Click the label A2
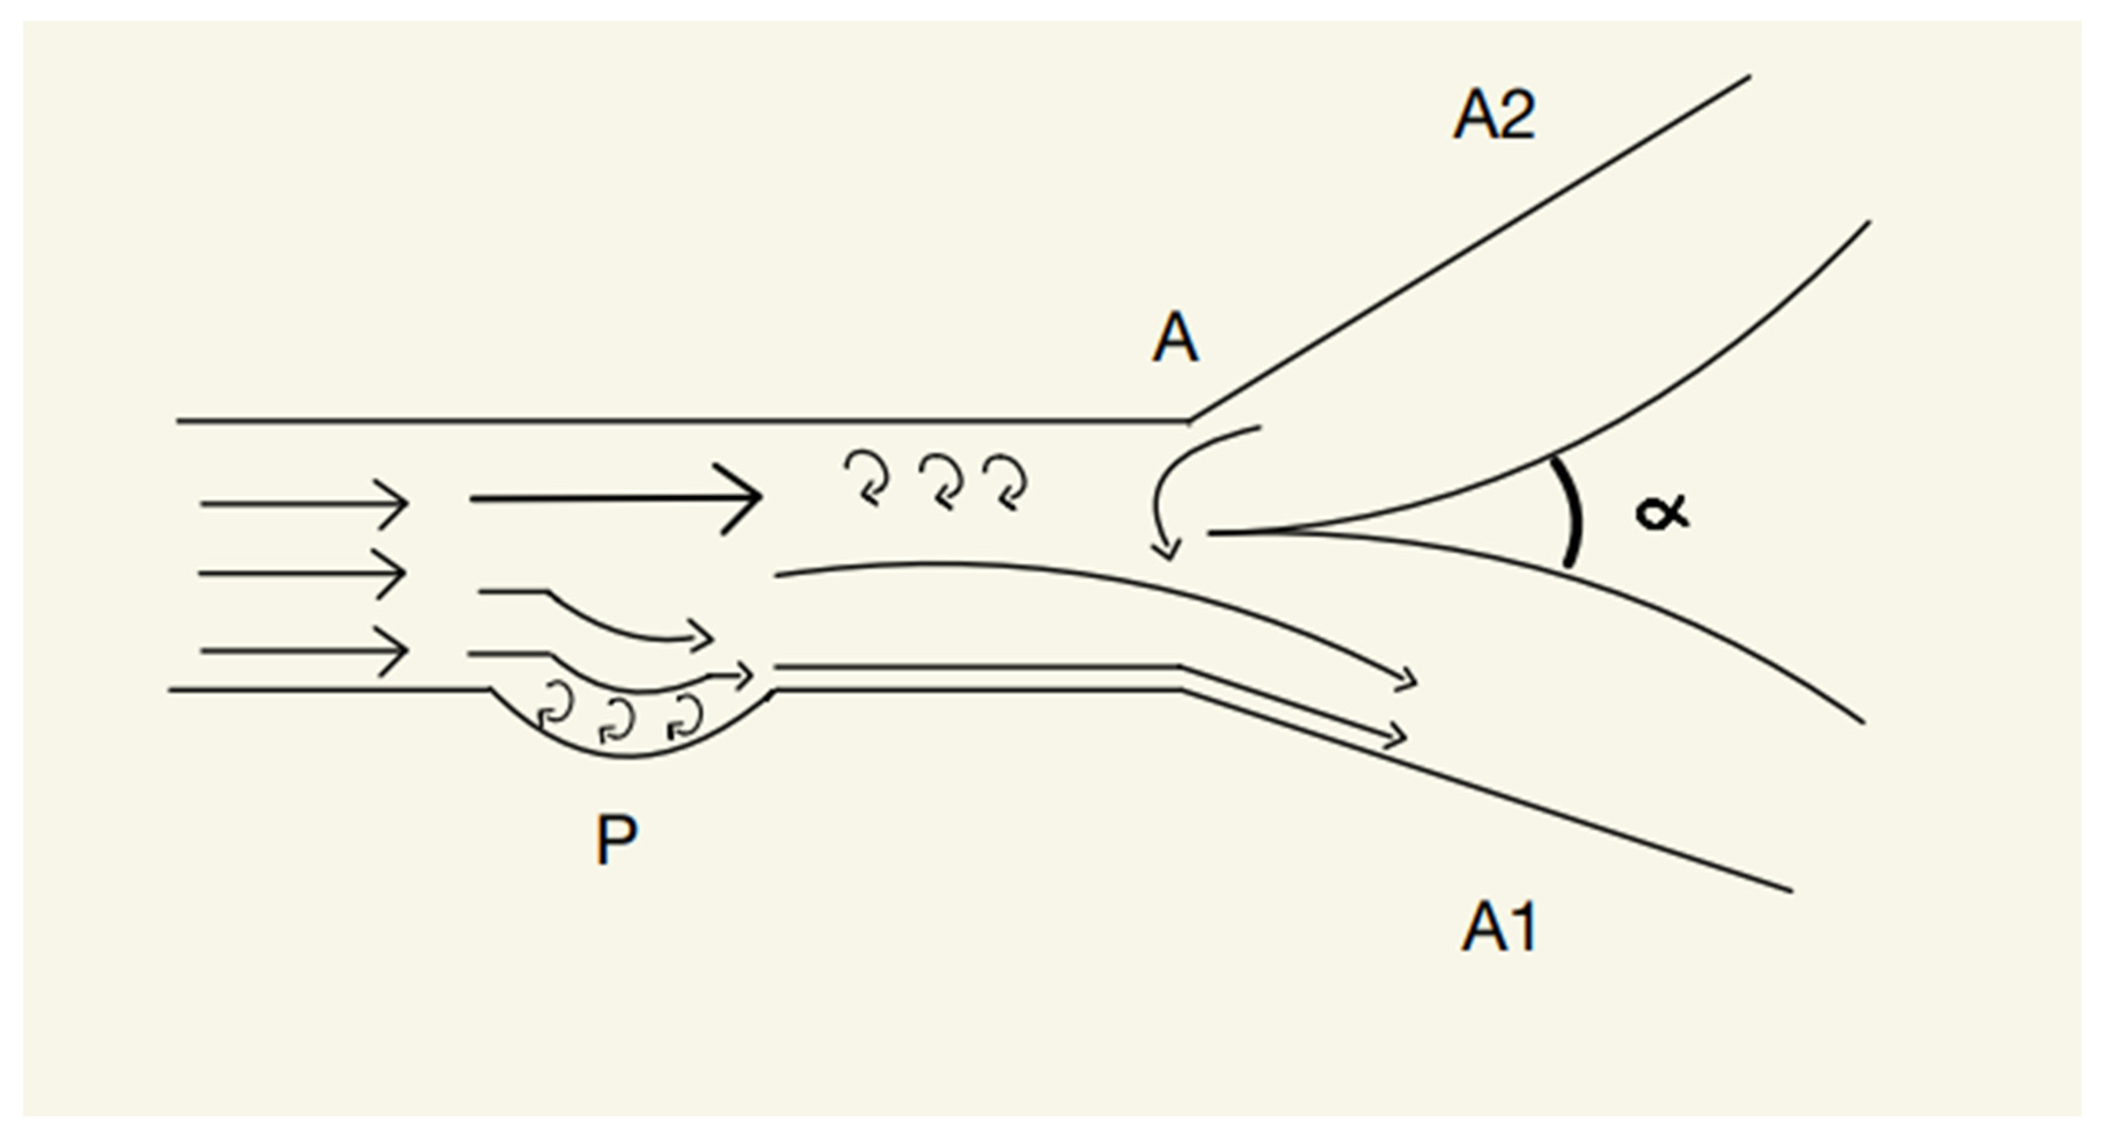1494,115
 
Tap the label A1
1499,927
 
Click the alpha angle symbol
1661,514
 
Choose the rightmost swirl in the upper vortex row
1006,482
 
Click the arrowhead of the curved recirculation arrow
1166,552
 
